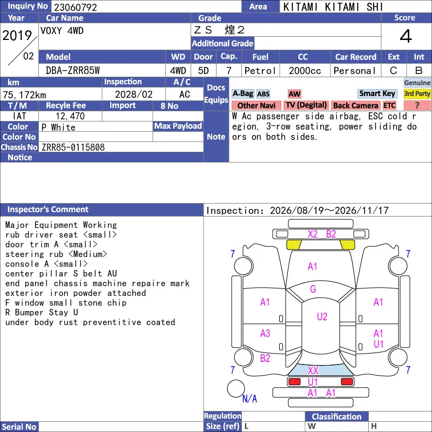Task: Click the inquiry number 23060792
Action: coord(75,7)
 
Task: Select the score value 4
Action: coord(406,36)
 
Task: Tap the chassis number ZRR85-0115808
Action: coord(73,147)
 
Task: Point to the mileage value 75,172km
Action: coord(24,95)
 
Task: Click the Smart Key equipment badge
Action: coord(377,93)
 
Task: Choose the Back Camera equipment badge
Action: coord(355,105)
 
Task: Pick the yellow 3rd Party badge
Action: coord(417,93)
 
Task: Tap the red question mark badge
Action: coord(417,105)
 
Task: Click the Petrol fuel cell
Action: coord(260,71)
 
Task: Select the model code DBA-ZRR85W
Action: coord(73,71)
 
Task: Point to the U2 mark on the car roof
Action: coord(322,316)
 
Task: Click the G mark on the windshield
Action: coord(313,289)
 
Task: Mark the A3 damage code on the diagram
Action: coord(265,333)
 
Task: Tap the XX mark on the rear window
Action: coord(313,370)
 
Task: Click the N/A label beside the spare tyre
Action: coord(249,399)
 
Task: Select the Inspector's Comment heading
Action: coord(48,210)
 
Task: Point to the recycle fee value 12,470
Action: coord(70,116)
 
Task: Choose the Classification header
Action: coord(336,416)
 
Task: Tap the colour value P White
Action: coord(58,127)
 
